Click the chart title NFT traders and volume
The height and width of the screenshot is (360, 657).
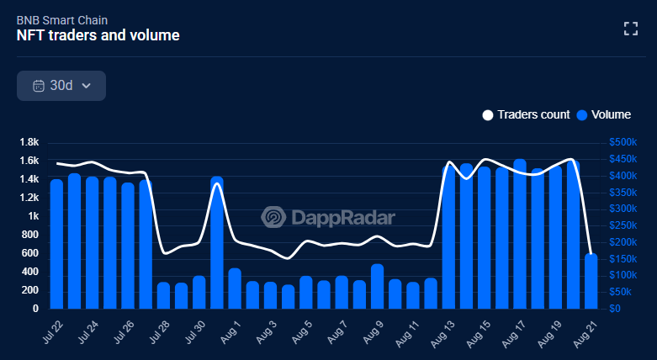pos(98,35)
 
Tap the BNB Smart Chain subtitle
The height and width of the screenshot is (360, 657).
pos(61,19)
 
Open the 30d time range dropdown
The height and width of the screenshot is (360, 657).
pos(61,85)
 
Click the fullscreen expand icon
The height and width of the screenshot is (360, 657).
pos(630,28)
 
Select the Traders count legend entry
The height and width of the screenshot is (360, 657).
pos(526,114)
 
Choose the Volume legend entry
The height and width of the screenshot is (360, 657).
pos(603,114)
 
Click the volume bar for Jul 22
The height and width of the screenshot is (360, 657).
pos(56,244)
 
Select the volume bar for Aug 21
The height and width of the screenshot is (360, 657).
pos(591,281)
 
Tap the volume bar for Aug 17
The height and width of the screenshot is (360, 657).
pos(519,234)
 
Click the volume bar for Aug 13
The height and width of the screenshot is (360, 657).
pos(448,237)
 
